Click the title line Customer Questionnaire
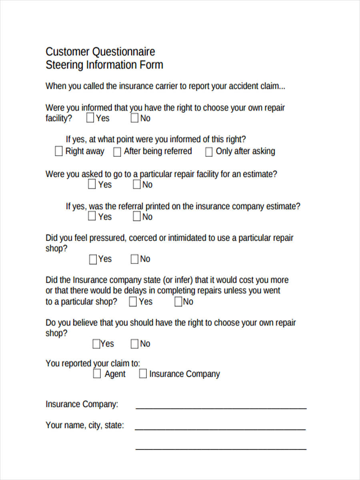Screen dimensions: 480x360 pyautogui.click(x=100, y=52)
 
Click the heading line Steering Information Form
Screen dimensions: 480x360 pyautogui.click(x=104, y=65)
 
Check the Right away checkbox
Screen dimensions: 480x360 pyautogui.click(x=59, y=152)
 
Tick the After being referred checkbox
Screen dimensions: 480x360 pyautogui.click(x=117, y=152)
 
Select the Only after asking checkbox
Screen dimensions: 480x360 pyautogui.click(x=209, y=152)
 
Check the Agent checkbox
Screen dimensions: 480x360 pyautogui.click(x=97, y=374)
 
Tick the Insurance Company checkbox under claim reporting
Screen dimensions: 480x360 pyautogui.click(x=143, y=374)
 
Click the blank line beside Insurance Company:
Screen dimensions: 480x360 pyautogui.click(x=221, y=408)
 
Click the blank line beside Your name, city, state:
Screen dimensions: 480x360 pyautogui.click(x=221, y=429)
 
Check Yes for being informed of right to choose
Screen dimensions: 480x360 pyautogui.click(x=90, y=118)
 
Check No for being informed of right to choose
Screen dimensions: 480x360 pyautogui.click(x=135, y=118)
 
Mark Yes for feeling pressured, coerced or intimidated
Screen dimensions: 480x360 pyautogui.click(x=93, y=259)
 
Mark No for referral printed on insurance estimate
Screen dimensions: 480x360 pyautogui.click(x=137, y=217)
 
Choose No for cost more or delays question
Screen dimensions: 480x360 pyautogui.click(x=178, y=302)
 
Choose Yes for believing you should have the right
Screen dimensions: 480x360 pyautogui.click(x=96, y=344)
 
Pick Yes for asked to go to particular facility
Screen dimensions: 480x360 pyautogui.click(x=92, y=184)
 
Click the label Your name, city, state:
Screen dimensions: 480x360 pyautogui.click(x=85, y=425)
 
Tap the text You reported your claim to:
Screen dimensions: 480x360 pyautogui.click(x=93, y=363)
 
